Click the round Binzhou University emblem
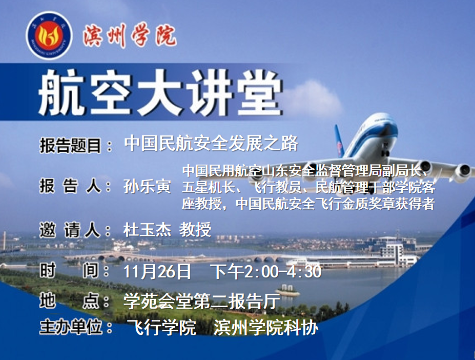[x=49, y=35]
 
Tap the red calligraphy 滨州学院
[x=130, y=36]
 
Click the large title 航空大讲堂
[x=160, y=92]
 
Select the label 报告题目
[x=70, y=146]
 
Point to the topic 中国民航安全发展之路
[x=211, y=144]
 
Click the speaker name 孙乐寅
[x=147, y=186]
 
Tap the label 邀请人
[x=70, y=230]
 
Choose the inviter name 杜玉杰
[x=147, y=230]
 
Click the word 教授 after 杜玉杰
[x=195, y=230]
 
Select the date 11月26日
[x=157, y=271]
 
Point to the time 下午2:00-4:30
[x=265, y=271]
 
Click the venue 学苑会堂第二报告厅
[x=202, y=301]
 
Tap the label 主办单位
[x=71, y=328]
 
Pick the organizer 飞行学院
[x=162, y=328]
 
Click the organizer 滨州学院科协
[x=265, y=328]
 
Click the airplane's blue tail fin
[x=340, y=141]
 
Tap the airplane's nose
[x=384, y=127]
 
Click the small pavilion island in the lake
[x=287, y=291]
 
